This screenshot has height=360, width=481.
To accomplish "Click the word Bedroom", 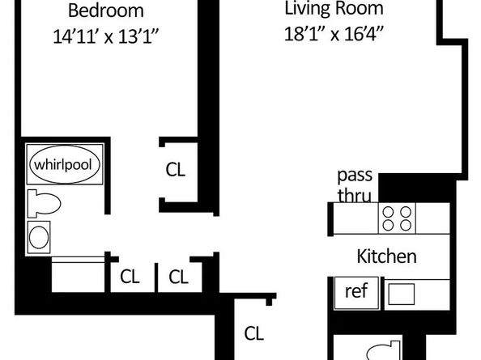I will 105,11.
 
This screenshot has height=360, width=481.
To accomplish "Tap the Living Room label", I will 334,10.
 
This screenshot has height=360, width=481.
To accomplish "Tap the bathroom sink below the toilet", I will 39,237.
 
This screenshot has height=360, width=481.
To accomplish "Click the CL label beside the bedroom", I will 175,170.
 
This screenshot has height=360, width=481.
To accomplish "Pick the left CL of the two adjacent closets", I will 130,277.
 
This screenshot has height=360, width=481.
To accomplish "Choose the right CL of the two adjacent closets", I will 179,277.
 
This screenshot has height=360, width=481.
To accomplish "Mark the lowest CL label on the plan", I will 253,332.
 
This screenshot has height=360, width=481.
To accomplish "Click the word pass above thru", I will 354,176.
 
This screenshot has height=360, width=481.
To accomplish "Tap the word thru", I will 354,194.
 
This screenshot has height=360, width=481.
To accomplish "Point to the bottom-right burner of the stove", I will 406,225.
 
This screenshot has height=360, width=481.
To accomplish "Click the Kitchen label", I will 386,257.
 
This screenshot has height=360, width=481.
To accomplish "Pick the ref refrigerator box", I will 355,291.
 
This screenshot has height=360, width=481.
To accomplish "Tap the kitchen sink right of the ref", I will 402,292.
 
